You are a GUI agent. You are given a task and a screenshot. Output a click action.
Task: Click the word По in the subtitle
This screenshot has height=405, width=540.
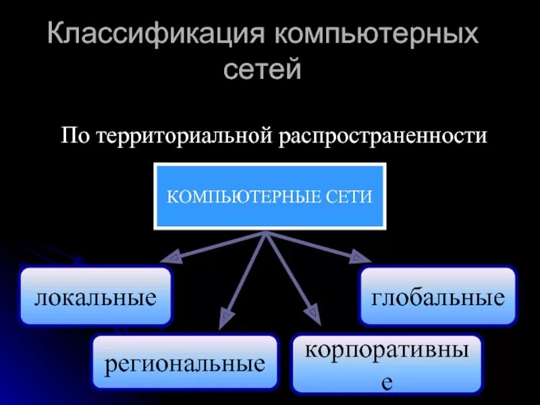point(76,135)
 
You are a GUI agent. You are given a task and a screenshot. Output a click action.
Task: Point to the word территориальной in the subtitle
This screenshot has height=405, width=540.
point(183,135)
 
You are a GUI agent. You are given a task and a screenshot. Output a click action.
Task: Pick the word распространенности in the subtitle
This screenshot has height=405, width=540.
point(381,135)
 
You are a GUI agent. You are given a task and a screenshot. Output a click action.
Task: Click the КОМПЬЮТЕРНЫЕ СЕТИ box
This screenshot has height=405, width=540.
point(270,196)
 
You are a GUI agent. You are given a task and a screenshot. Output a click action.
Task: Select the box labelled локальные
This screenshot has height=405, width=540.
point(96,296)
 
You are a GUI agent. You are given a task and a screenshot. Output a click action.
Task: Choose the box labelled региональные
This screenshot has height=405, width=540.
point(184,362)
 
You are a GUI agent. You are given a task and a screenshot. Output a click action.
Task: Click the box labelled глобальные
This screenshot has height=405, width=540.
point(437,296)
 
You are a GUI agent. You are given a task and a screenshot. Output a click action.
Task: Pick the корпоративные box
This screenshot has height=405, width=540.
point(386,363)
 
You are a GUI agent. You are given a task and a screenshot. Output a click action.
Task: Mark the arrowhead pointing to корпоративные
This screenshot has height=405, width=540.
point(312,312)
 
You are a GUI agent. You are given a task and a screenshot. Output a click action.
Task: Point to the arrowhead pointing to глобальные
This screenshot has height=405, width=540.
point(363,256)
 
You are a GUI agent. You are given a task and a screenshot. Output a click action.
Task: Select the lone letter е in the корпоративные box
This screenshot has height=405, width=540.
point(386,383)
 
